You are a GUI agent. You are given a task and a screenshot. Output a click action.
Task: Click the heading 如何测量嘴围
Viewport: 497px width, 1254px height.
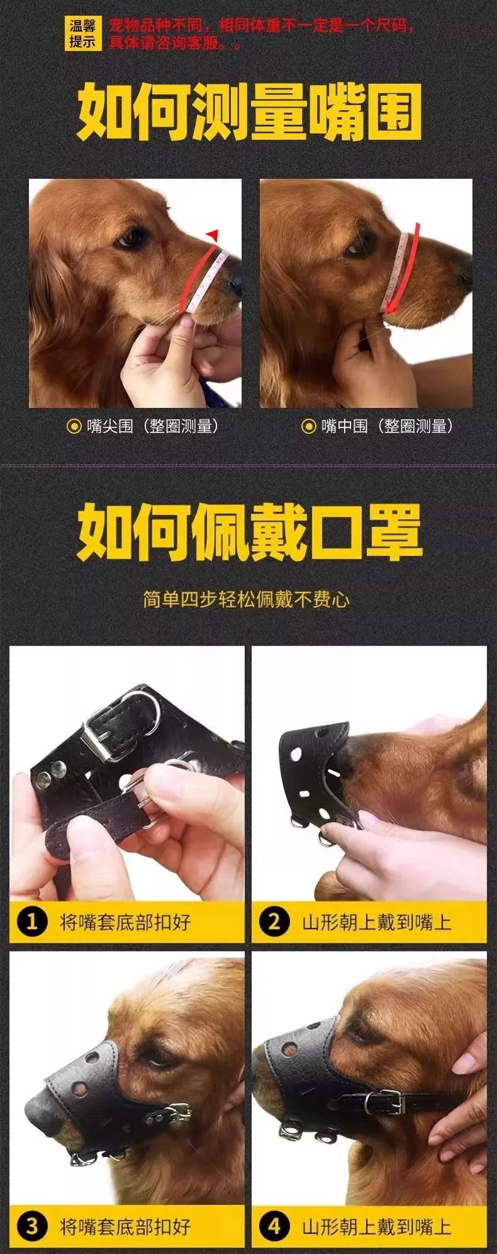(249, 114)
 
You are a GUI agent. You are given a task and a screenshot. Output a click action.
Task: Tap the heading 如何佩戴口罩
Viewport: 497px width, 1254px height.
(249, 533)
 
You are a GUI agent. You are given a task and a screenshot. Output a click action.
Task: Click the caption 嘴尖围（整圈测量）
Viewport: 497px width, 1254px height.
(143, 426)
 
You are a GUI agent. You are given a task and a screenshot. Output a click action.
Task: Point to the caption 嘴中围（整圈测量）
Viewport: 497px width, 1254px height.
(378, 426)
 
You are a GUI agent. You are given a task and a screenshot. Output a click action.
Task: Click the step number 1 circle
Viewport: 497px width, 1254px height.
(32, 922)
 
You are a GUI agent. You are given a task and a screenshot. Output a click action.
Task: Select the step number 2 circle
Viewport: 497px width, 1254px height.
(274, 922)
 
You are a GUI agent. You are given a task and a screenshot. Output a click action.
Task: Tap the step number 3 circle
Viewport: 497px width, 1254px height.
(32, 1225)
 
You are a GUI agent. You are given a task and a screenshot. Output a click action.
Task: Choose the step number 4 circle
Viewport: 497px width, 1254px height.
(274, 1225)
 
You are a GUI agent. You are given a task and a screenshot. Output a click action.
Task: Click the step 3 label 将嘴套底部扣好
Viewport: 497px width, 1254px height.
(125, 1225)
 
